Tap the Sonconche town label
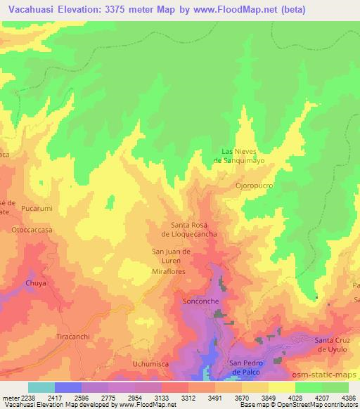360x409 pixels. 202,301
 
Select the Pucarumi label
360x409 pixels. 37,209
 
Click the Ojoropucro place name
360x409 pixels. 254,186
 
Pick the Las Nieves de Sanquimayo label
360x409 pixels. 243,155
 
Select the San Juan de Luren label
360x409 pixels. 172,255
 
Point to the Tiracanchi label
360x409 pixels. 75,337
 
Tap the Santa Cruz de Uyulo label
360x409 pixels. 336,344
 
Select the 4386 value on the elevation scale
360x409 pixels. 348,397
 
